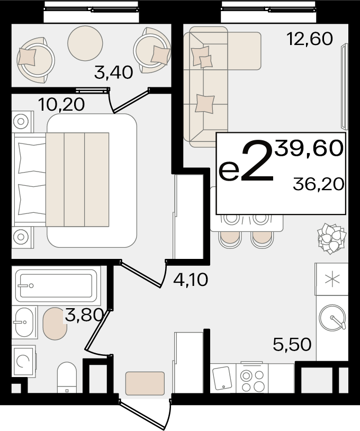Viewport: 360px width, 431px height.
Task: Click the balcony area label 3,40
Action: click(113, 73)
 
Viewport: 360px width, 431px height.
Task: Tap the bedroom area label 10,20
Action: click(61, 105)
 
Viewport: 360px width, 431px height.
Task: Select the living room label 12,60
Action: click(309, 39)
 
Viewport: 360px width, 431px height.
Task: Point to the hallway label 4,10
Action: click(191, 280)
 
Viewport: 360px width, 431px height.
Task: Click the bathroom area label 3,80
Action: click(84, 315)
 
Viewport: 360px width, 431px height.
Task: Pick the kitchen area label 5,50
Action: click(292, 344)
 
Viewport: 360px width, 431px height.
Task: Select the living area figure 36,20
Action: click(318, 184)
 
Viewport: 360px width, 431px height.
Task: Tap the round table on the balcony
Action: click(85, 43)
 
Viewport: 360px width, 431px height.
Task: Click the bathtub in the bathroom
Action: click(56, 286)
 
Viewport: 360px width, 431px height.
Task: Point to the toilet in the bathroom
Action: click(67, 377)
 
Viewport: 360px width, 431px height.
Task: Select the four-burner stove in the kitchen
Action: click(252, 378)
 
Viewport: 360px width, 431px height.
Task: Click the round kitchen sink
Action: click(332, 318)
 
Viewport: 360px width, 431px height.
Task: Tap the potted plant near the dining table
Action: click(331, 238)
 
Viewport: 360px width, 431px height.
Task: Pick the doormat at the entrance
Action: click(145, 383)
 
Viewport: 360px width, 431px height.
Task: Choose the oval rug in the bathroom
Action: click(55, 324)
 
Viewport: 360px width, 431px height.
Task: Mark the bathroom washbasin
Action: click(24, 322)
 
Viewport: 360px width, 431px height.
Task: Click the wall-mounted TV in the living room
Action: click(344, 86)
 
